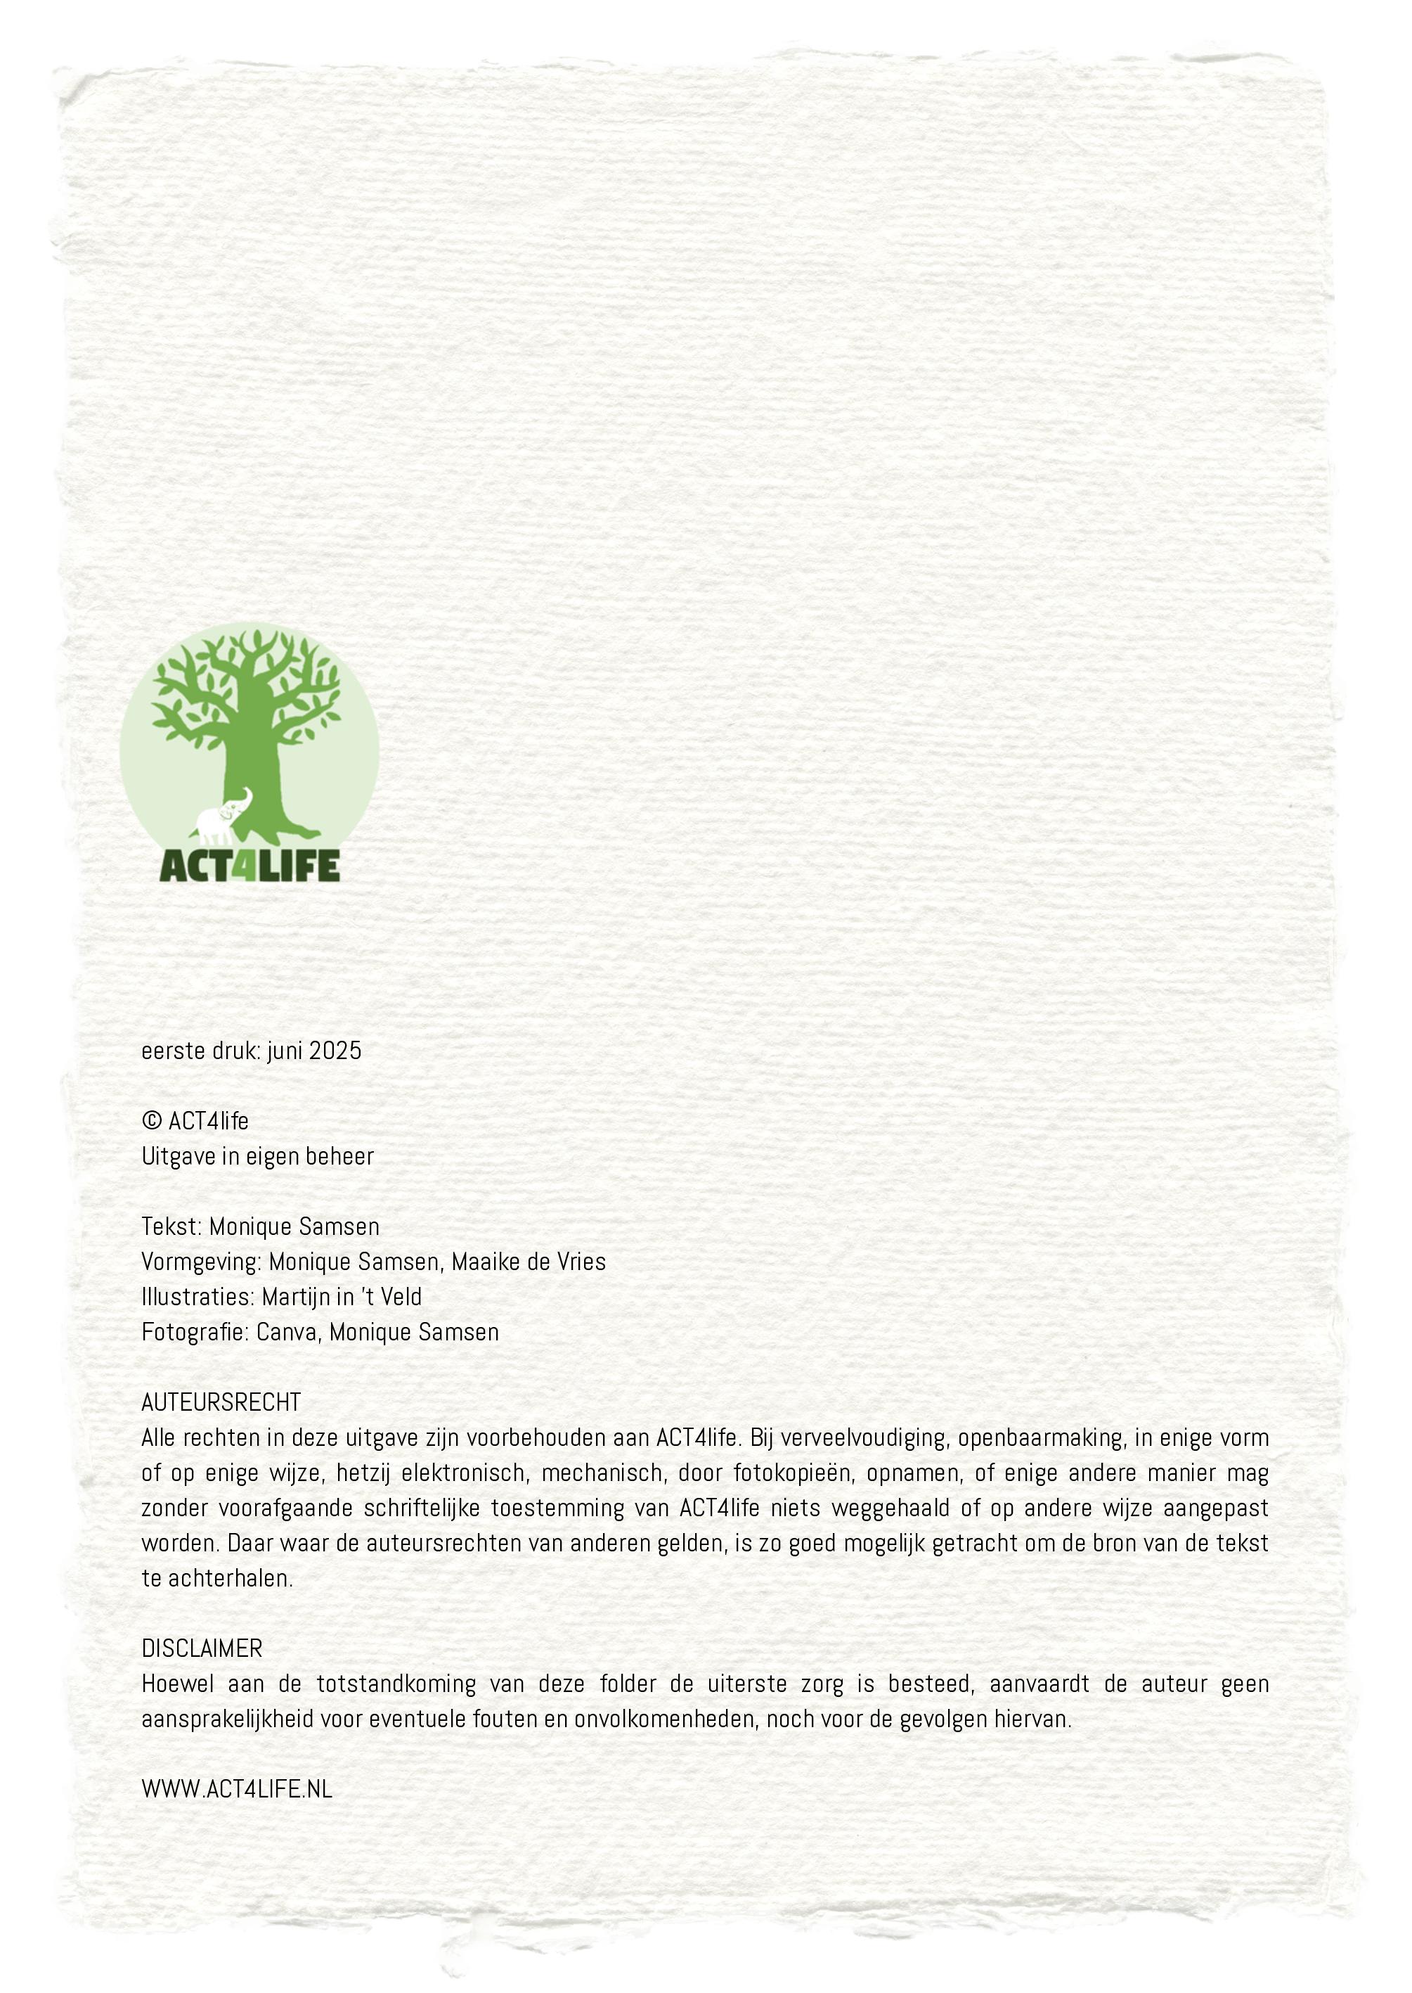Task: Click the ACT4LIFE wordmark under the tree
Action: pyautogui.click(x=250, y=866)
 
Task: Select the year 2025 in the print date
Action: pyautogui.click(x=335, y=1051)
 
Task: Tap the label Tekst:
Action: pyautogui.click(x=172, y=1226)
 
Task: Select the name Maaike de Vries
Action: pyautogui.click(x=529, y=1262)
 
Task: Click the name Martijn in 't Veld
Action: pyautogui.click(x=342, y=1297)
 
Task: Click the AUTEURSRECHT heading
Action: pyautogui.click(x=221, y=1402)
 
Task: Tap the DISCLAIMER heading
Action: pyautogui.click(x=202, y=1648)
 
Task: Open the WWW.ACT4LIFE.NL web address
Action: pyautogui.click(x=236, y=1790)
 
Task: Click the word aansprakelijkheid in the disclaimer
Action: pyautogui.click(x=228, y=1719)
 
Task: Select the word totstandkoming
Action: pyautogui.click(x=396, y=1684)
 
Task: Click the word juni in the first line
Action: pyautogui.click(x=285, y=1051)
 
